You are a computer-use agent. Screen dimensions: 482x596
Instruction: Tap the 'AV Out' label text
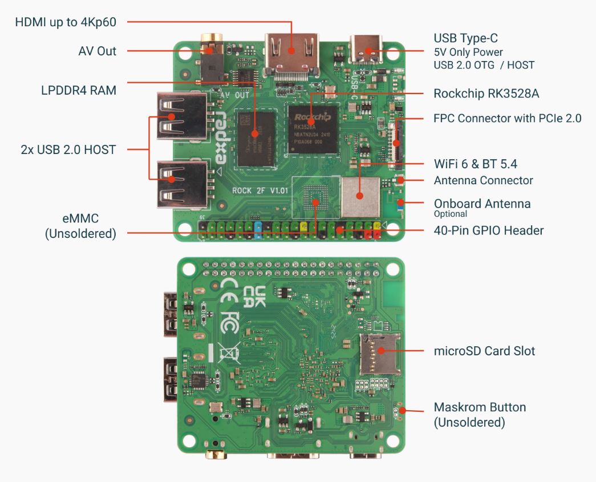tap(97, 51)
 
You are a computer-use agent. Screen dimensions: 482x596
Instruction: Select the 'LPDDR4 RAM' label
tap(79, 90)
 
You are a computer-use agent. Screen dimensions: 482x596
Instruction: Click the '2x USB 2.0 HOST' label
tap(68, 150)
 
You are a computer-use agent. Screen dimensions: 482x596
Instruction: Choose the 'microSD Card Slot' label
tap(484, 350)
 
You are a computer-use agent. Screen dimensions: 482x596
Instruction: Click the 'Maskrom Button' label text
tap(480, 407)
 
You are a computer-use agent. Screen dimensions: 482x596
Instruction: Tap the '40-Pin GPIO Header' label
tap(489, 230)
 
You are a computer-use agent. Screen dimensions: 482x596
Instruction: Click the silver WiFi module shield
tap(360, 196)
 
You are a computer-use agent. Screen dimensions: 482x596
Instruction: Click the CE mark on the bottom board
tap(229, 289)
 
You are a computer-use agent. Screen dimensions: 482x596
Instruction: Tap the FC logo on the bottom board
tap(229, 322)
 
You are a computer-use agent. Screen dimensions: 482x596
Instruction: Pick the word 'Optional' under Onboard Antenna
tap(451, 214)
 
